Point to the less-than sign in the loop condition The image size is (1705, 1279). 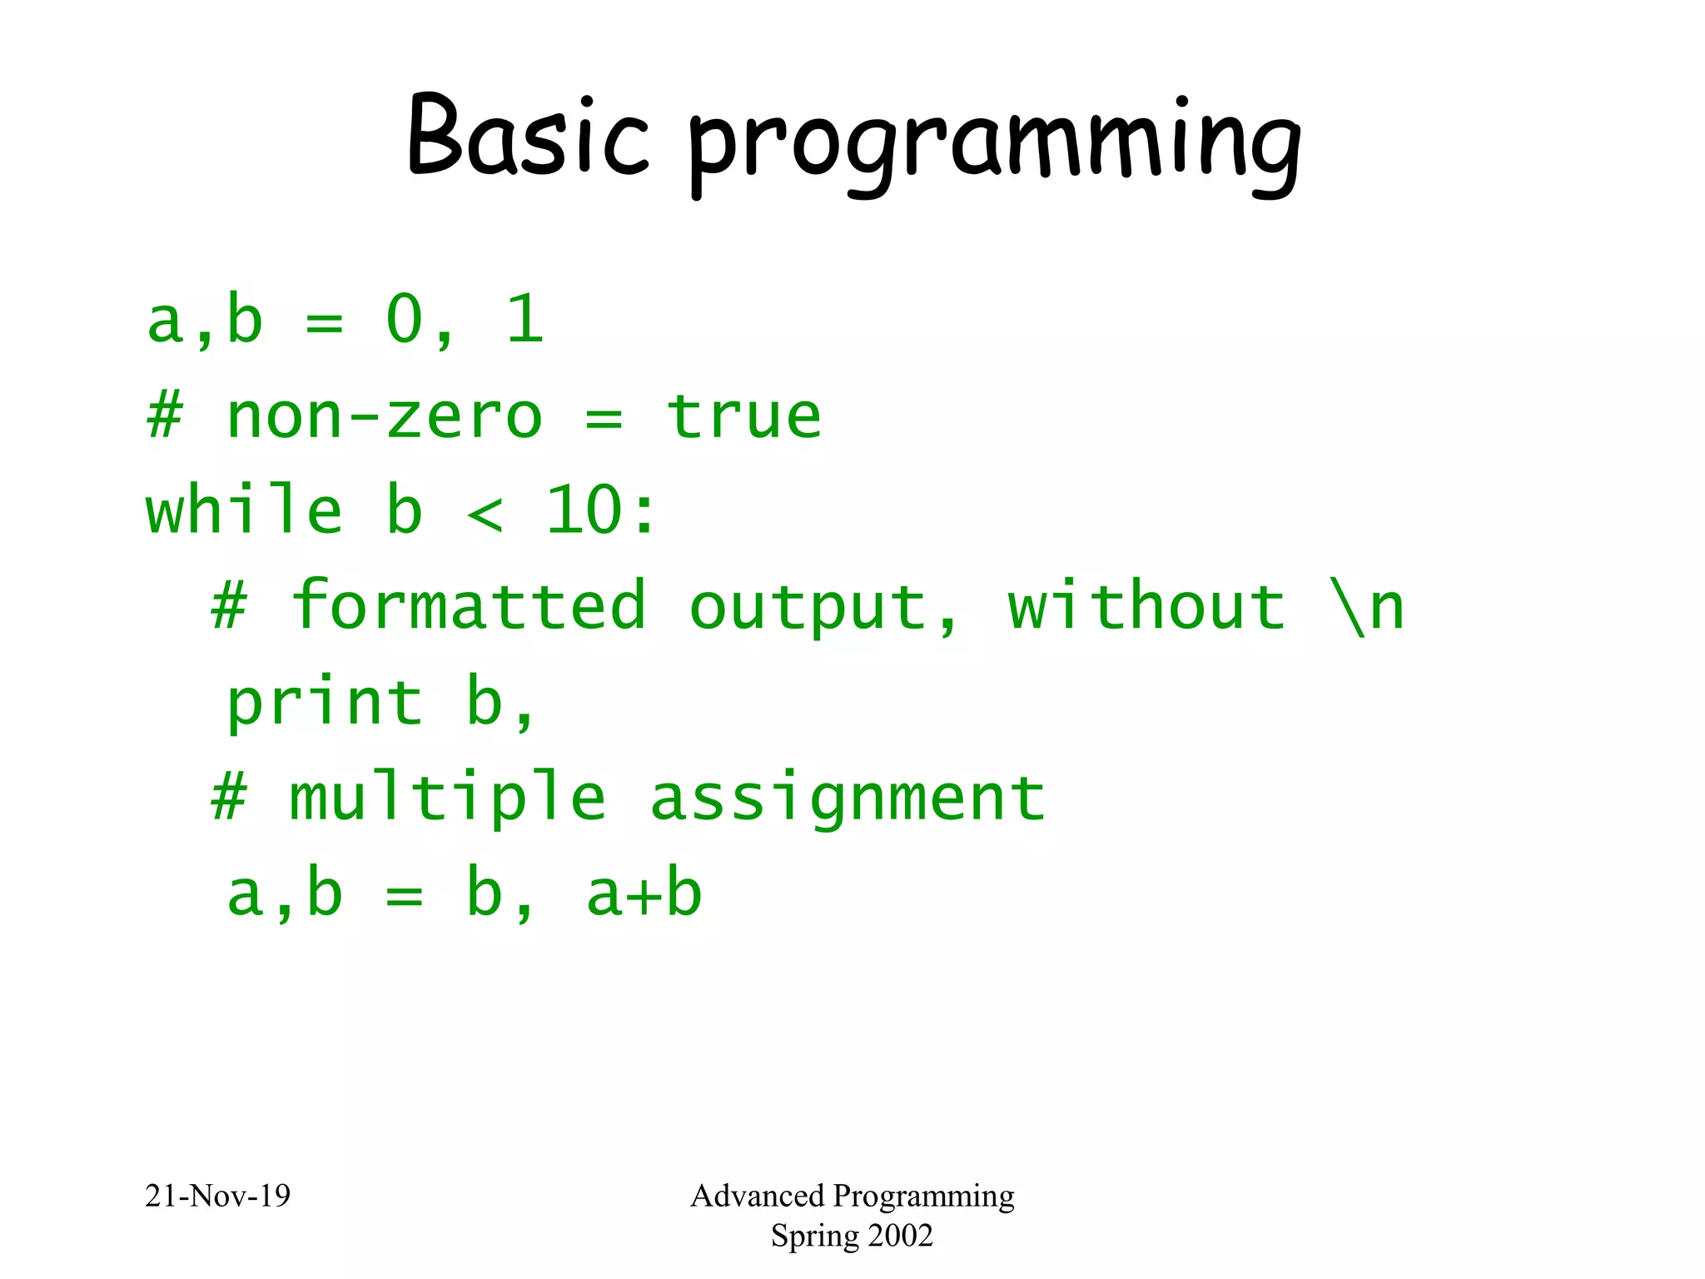point(485,514)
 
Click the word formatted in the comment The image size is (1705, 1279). point(468,605)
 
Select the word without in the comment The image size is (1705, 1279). point(1146,605)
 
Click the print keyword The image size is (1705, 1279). point(325,704)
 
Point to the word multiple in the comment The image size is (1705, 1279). point(447,798)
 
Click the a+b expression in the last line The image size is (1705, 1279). point(644,894)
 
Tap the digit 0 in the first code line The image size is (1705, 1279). point(405,320)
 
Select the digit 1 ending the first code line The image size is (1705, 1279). point(524,320)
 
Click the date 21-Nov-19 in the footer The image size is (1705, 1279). point(217,1196)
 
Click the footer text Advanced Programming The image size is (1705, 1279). point(852,1196)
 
